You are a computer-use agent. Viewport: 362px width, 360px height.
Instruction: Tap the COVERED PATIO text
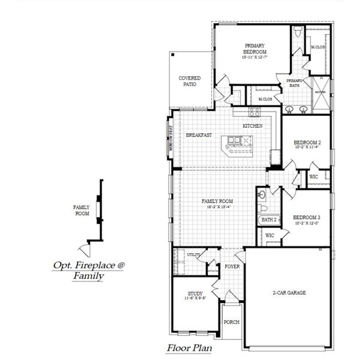[190, 81]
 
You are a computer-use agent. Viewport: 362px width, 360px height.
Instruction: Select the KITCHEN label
[252, 126]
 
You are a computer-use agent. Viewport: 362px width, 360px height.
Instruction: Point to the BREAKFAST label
[198, 136]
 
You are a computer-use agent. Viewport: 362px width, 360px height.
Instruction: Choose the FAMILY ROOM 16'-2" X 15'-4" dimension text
[217, 206]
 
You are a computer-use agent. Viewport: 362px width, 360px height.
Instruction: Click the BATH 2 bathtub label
[268, 220]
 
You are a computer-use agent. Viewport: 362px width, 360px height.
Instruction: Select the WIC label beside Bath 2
[270, 236]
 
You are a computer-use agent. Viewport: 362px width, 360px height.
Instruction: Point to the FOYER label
[232, 266]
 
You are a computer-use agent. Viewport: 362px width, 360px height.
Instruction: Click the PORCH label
[231, 322]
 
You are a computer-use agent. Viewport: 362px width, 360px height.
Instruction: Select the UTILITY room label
[193, 256]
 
